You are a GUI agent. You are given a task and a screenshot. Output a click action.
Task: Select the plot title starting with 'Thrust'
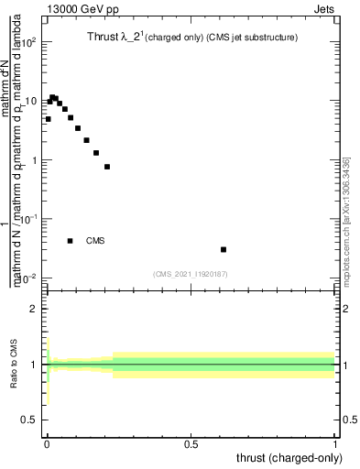pos(187,39)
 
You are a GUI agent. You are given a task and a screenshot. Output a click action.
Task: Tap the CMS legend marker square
pos(71,241)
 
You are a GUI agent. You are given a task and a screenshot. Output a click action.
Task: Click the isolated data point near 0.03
pos(224,249)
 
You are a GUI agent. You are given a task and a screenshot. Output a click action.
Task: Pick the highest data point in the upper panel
pos(52,97)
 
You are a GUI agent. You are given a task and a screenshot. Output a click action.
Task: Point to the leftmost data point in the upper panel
pos(48,119)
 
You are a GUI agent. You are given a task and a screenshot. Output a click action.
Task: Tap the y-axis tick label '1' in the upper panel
pos(35,161)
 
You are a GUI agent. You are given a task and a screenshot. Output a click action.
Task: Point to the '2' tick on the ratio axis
pos(35,310)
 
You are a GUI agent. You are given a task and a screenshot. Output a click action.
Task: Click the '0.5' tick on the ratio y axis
pos(31,420)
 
